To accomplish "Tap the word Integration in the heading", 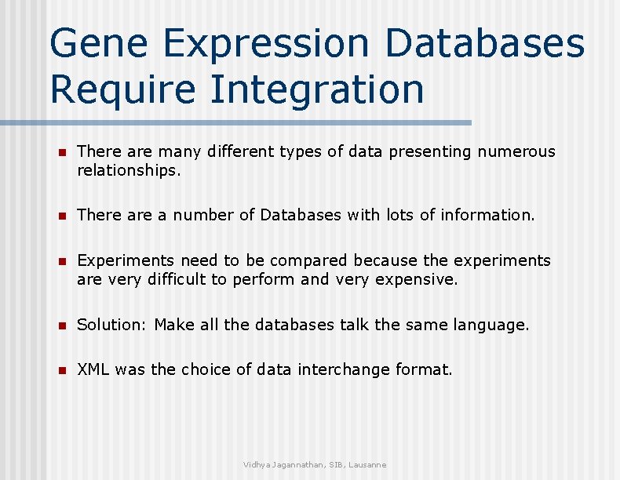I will click(x=316, y=89).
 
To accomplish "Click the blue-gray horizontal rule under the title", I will click(x=235, y=123).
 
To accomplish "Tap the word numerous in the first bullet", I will click(x=514, y=151).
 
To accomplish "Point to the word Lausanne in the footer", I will click(x=368, y=465).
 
